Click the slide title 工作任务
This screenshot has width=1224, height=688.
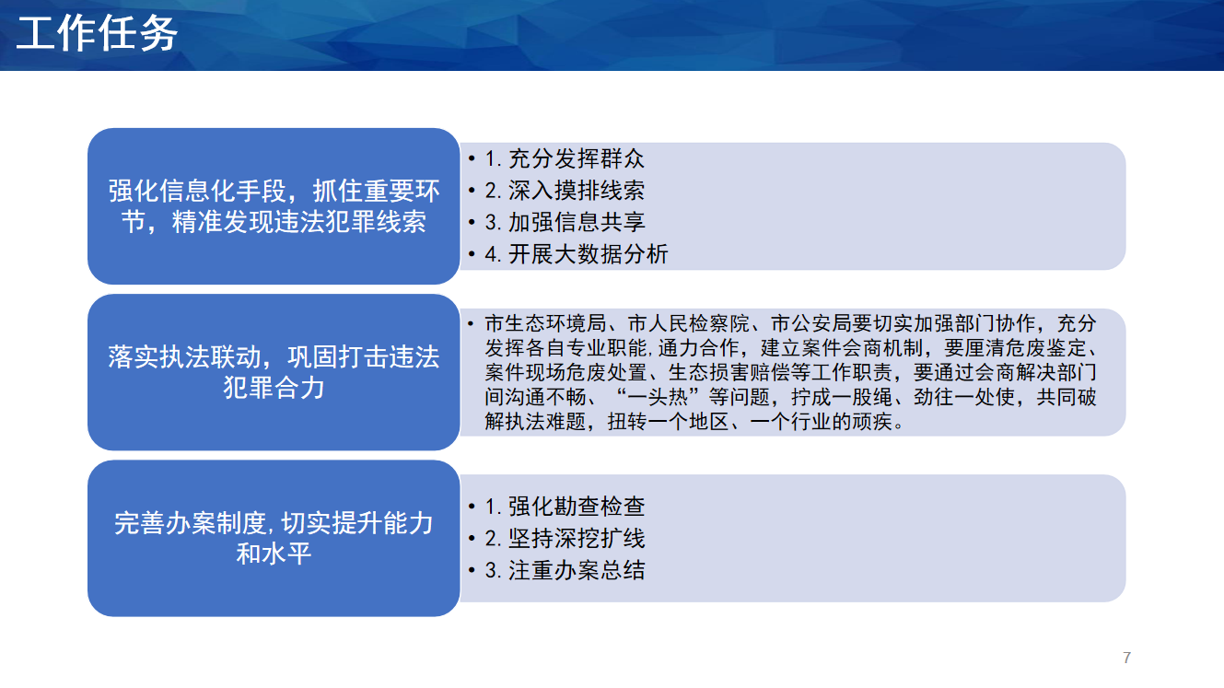tap(97, 33)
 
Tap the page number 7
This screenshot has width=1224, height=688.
tap(1126, 658)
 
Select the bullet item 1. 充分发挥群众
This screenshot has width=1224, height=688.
tap(565, 159)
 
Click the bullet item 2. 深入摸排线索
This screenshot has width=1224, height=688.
tap(565, 191)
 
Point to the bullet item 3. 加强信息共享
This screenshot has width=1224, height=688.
tap(565, 222)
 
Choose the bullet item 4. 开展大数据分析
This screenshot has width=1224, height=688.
tap(576, 254)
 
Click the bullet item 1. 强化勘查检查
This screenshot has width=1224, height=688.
tap(565, 507)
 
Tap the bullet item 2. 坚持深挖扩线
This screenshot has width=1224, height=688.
tap(565, 538)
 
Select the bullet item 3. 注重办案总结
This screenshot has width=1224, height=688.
tap(565, 570)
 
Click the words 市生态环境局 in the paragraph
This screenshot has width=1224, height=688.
tap(545, 323)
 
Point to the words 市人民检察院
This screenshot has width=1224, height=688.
tap(689, 323)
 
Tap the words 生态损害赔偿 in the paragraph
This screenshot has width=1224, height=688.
tap(729, 372)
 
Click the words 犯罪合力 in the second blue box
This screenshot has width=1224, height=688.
tap(274, 388)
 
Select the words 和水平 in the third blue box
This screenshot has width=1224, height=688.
tap(274, 554)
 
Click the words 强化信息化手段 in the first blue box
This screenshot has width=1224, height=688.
tap(197, 192)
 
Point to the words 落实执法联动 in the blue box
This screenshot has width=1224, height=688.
tap(184, 357)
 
